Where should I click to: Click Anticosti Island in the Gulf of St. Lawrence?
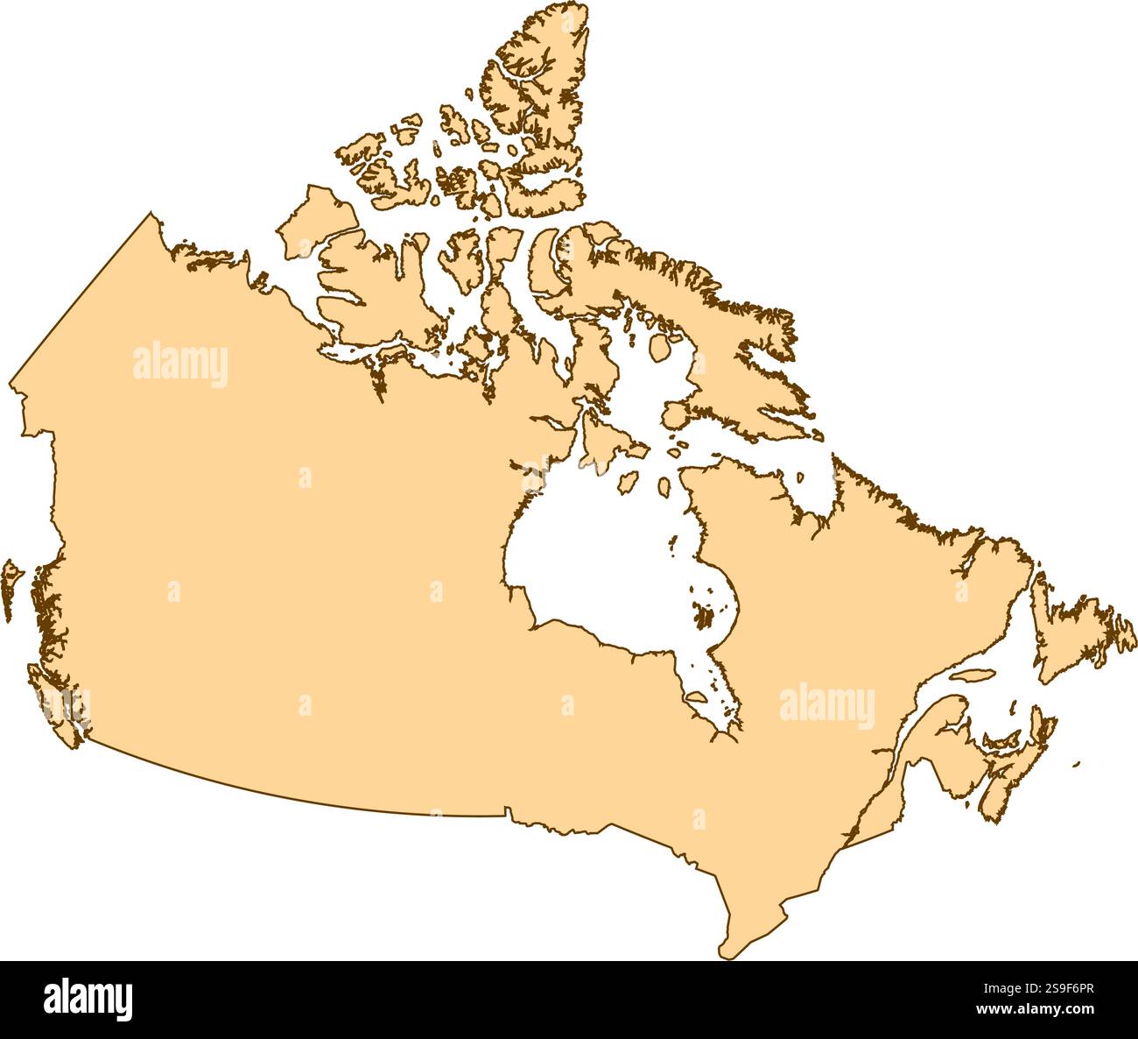coord(972,676)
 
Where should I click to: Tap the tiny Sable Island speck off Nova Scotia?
coord(1077,764)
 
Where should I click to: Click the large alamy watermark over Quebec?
coord(826,707)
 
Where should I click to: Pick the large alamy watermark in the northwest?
coord(180,364)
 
